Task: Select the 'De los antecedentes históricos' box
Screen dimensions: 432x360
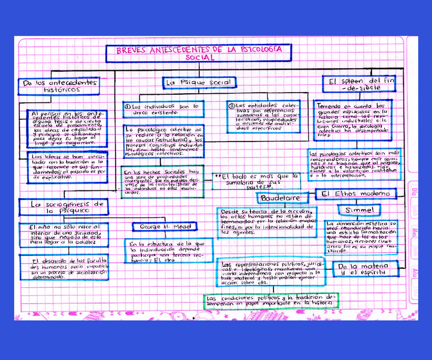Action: coord(59,85)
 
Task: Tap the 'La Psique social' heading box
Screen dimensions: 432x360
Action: coord(199,82)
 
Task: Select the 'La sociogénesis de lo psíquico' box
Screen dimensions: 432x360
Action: coord(64,206)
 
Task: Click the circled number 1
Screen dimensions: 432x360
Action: coord(128,106)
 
